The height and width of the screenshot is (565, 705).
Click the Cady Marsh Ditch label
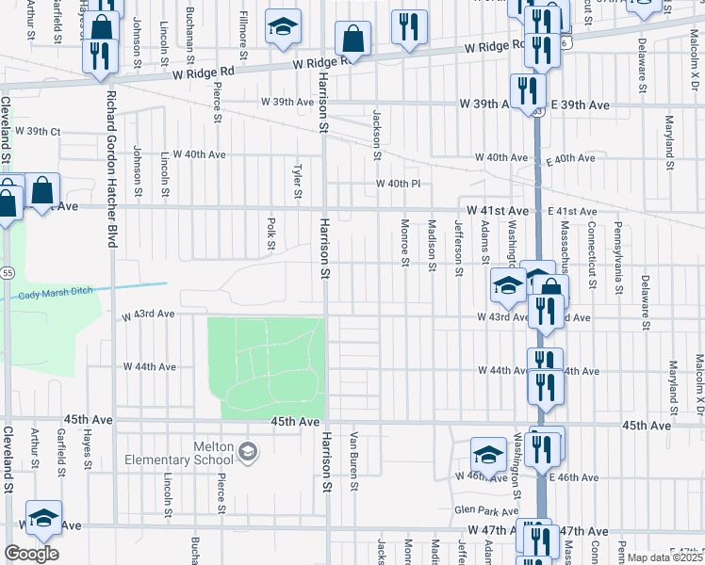tap(56, 293)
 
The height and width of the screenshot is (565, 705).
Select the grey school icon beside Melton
tap(247, 452)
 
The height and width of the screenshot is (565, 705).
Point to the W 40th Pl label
tap(397, 184)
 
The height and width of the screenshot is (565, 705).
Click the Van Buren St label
tap(355, 461)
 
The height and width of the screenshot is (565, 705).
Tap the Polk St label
tap(271, 235)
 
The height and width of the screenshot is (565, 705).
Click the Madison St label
tap(432, 245)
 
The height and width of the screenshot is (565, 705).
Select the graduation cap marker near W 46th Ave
tap(488, 454)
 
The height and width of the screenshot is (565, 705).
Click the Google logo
tap(31, 554)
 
